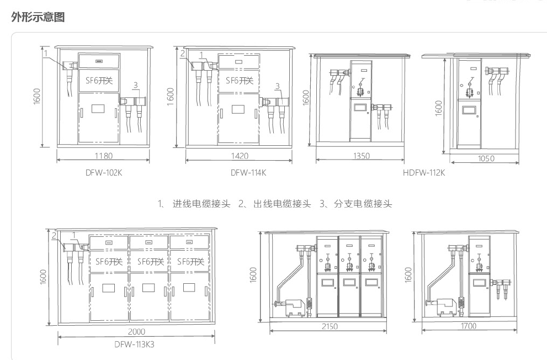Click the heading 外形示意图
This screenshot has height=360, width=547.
pos(38,17)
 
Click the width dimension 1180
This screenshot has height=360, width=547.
pos(104,156)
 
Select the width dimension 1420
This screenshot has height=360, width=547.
pos(240,156)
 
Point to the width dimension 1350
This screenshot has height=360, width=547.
pos(362,156)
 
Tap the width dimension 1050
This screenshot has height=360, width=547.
pos(486,158)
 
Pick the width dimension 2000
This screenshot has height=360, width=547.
pos(136,331)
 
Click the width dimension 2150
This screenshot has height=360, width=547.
pos(330,326)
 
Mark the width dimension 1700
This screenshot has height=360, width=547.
pos(468,326)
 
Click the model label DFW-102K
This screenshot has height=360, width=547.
pos(104,173)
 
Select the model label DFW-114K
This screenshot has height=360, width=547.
pos(248,173)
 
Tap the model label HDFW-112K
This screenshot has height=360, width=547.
pos(424,173)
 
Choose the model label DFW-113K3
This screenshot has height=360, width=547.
pos(134,345)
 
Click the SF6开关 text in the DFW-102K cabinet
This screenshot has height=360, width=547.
pos(99,81)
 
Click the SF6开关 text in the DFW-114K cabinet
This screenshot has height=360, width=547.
pos(240,81)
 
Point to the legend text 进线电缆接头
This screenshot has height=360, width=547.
pos(201,204)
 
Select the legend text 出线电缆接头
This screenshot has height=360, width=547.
pos(282,204)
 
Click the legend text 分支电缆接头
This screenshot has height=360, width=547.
pos(363,204)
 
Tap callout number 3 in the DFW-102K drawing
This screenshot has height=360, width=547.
pos(135,85)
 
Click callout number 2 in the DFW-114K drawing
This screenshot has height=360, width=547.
pos(183,54)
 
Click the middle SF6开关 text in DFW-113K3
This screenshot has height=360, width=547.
pos(150,262)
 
